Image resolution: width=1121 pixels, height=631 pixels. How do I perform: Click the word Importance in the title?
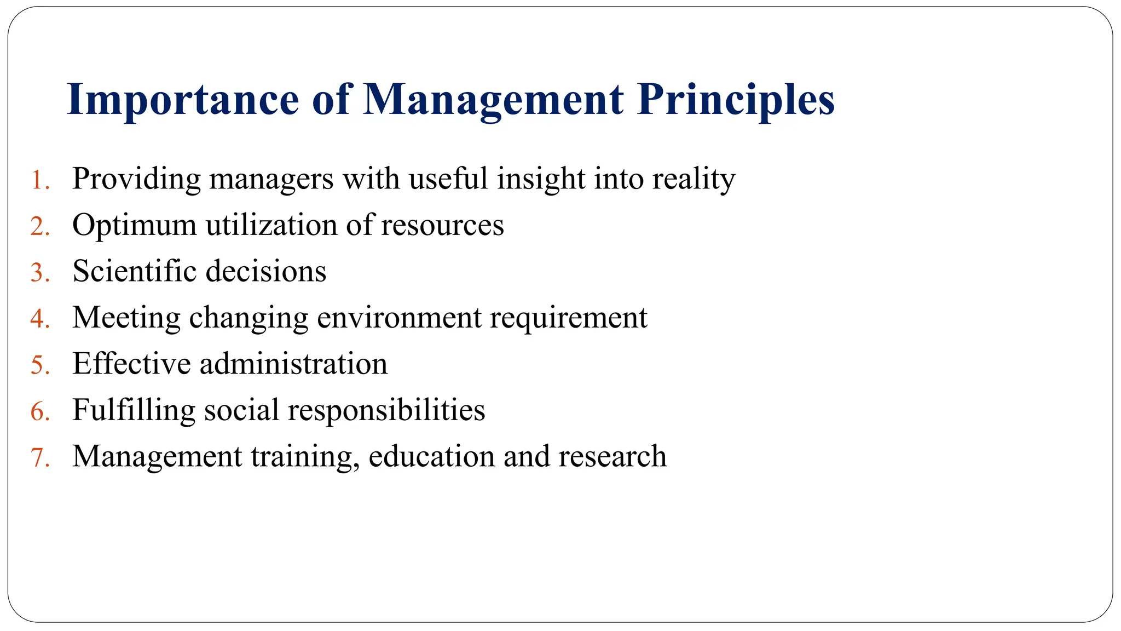coord(183,100)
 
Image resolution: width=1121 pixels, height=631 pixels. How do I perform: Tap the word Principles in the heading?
coord(735,100)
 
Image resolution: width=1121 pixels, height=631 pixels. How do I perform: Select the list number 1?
coord(39,180)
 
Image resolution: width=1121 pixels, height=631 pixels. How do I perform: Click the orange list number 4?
coord(39,319)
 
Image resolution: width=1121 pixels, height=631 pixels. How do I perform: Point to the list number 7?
coord(39,457)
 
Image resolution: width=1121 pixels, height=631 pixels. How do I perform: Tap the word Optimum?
coord(135,225)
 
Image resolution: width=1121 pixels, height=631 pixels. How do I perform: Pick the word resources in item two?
coord(442,225)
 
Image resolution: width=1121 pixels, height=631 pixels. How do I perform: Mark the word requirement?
coord(568,318)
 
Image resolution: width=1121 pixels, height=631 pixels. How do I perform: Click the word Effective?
coord(131,364)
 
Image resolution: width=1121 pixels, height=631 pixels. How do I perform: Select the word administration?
coord(293,364)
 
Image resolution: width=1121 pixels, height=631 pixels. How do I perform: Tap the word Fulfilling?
coord(134,410)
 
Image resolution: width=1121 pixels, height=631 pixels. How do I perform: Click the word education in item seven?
coord(431,456)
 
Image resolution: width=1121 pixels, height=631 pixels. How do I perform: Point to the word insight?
coord(541,179)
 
